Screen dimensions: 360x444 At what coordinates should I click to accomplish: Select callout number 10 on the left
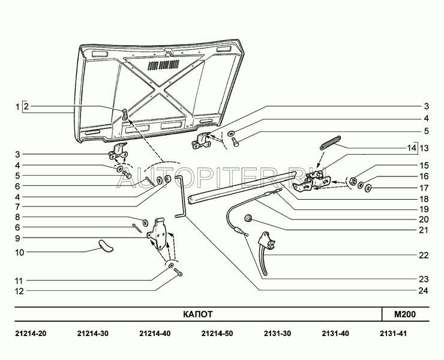click(x=19, y=252)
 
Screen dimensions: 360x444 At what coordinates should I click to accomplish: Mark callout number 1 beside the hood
click(x=18, y=108)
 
